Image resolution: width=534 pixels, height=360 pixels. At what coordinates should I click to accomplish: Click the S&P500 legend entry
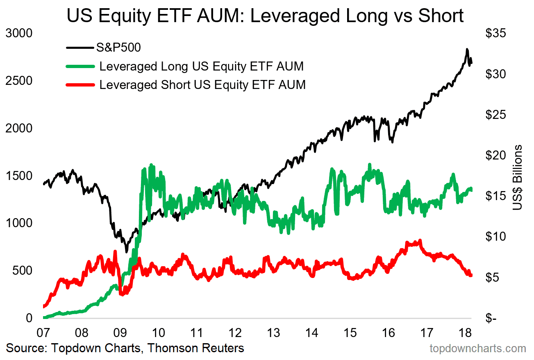(118, 48)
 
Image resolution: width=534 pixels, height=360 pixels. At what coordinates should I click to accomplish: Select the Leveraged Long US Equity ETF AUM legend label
(201, 66)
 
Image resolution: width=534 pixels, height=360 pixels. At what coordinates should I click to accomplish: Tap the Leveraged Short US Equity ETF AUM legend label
(202, 85)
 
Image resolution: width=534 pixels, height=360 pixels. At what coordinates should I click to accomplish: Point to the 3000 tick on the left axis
(19, 33)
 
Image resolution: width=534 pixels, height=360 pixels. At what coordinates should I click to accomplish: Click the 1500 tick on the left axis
(19, 176)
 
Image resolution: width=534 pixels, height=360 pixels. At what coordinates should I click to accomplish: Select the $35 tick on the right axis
(495, 34)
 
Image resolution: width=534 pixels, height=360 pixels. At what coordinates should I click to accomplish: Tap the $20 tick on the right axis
(495, 155)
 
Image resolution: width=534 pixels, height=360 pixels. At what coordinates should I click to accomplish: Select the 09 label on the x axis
(120, 332)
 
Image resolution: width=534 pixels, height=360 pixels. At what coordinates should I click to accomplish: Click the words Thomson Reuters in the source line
(195, 349)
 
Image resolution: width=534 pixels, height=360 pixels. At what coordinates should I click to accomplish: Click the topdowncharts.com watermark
(477, 349)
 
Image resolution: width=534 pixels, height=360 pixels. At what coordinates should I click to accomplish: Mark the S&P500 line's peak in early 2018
(467, 50)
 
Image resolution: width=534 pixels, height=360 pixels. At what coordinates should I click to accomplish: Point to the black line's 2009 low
(126, 251)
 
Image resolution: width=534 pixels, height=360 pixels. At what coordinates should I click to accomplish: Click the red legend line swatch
(80, 85)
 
